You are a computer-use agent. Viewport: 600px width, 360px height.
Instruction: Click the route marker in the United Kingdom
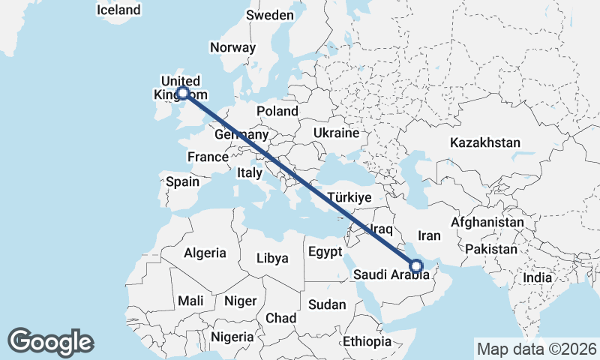182,94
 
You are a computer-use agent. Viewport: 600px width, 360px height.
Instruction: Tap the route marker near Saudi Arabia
416,265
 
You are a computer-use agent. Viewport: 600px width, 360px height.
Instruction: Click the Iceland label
118,10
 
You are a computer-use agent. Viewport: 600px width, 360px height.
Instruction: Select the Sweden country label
271,15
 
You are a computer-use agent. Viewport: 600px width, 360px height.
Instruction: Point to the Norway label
233,47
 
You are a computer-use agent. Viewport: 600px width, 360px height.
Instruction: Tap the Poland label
277,111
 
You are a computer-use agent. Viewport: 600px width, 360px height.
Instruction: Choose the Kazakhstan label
486,142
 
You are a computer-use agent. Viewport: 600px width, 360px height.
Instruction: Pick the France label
208,157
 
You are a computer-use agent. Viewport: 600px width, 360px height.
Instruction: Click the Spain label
183,181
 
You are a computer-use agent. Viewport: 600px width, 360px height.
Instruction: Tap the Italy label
250,172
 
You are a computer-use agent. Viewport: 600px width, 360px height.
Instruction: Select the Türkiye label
350,197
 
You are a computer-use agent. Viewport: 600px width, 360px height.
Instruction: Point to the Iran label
429,235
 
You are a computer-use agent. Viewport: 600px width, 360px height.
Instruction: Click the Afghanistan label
487,223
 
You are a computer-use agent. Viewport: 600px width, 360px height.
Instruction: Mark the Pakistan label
491,249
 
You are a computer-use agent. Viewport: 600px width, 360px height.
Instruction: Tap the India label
537,277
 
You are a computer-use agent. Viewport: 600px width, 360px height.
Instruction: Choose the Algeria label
205,253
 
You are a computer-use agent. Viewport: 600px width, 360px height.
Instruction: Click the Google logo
50,342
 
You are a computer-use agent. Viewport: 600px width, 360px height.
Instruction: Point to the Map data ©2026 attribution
536,349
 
